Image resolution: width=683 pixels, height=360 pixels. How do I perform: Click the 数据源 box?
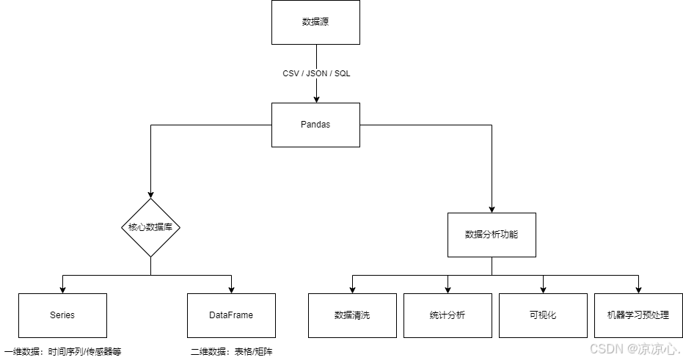(315, 22)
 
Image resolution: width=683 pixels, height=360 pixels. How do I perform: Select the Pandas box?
(315, 125)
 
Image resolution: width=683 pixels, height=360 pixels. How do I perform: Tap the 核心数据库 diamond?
(150, 227)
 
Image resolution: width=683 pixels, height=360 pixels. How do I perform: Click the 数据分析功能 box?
(492, 235)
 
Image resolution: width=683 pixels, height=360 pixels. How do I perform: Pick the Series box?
(62, 315)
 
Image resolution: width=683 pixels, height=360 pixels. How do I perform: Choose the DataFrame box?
(231, 315)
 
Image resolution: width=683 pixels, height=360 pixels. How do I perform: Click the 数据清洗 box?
(352, 315)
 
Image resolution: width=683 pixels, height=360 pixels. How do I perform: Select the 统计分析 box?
(448, 315)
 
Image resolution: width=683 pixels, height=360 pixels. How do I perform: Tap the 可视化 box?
(543, 315)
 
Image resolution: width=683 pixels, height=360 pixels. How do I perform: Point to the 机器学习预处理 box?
(638, 315)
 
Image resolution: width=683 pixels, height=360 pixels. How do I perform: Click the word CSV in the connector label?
(291, 74)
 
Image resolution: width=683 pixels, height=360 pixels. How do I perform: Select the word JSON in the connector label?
(316, 74)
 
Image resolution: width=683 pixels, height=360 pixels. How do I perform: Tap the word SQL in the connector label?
(343, 74)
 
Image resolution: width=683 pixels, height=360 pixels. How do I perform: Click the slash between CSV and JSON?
(303, 74)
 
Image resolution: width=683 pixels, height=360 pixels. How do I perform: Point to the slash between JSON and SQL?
(330, 74)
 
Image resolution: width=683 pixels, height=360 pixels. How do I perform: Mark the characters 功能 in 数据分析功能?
(509, 235)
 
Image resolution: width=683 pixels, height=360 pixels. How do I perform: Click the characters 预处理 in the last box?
(656, 315)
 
